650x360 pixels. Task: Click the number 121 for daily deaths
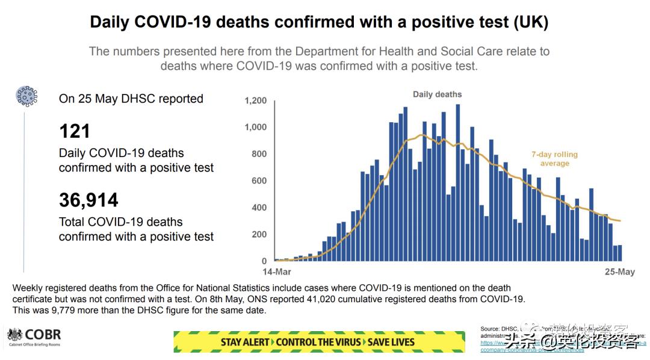[75, 131]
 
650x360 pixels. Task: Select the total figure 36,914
[88, 200]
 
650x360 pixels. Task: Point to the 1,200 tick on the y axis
[255, 101]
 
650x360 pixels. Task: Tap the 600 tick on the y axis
[259, 181]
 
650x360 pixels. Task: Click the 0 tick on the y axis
[264, 261]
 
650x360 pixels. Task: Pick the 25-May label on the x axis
[619, 272]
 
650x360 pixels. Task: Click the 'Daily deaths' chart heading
[437, 95]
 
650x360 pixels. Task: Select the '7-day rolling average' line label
[554, 159]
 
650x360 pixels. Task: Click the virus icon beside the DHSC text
[26, 96]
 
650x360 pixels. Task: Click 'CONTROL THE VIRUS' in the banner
[318, 342]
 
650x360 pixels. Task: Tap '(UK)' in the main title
[530, 22]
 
